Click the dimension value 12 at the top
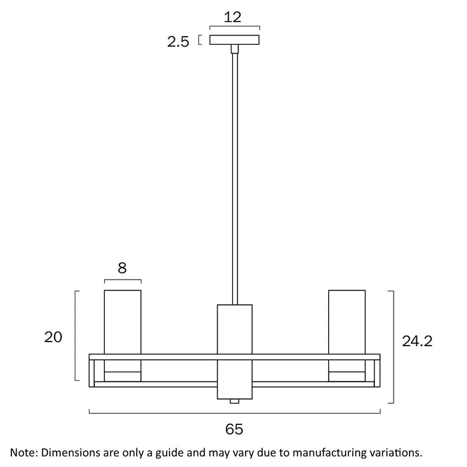[232, 17]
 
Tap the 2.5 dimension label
[178, 41]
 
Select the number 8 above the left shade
[122, 268]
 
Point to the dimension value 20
[53, 337]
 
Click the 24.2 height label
[417, 341]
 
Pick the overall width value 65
[234, 429]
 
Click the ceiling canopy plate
[234, 40]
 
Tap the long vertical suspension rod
[235, 179]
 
